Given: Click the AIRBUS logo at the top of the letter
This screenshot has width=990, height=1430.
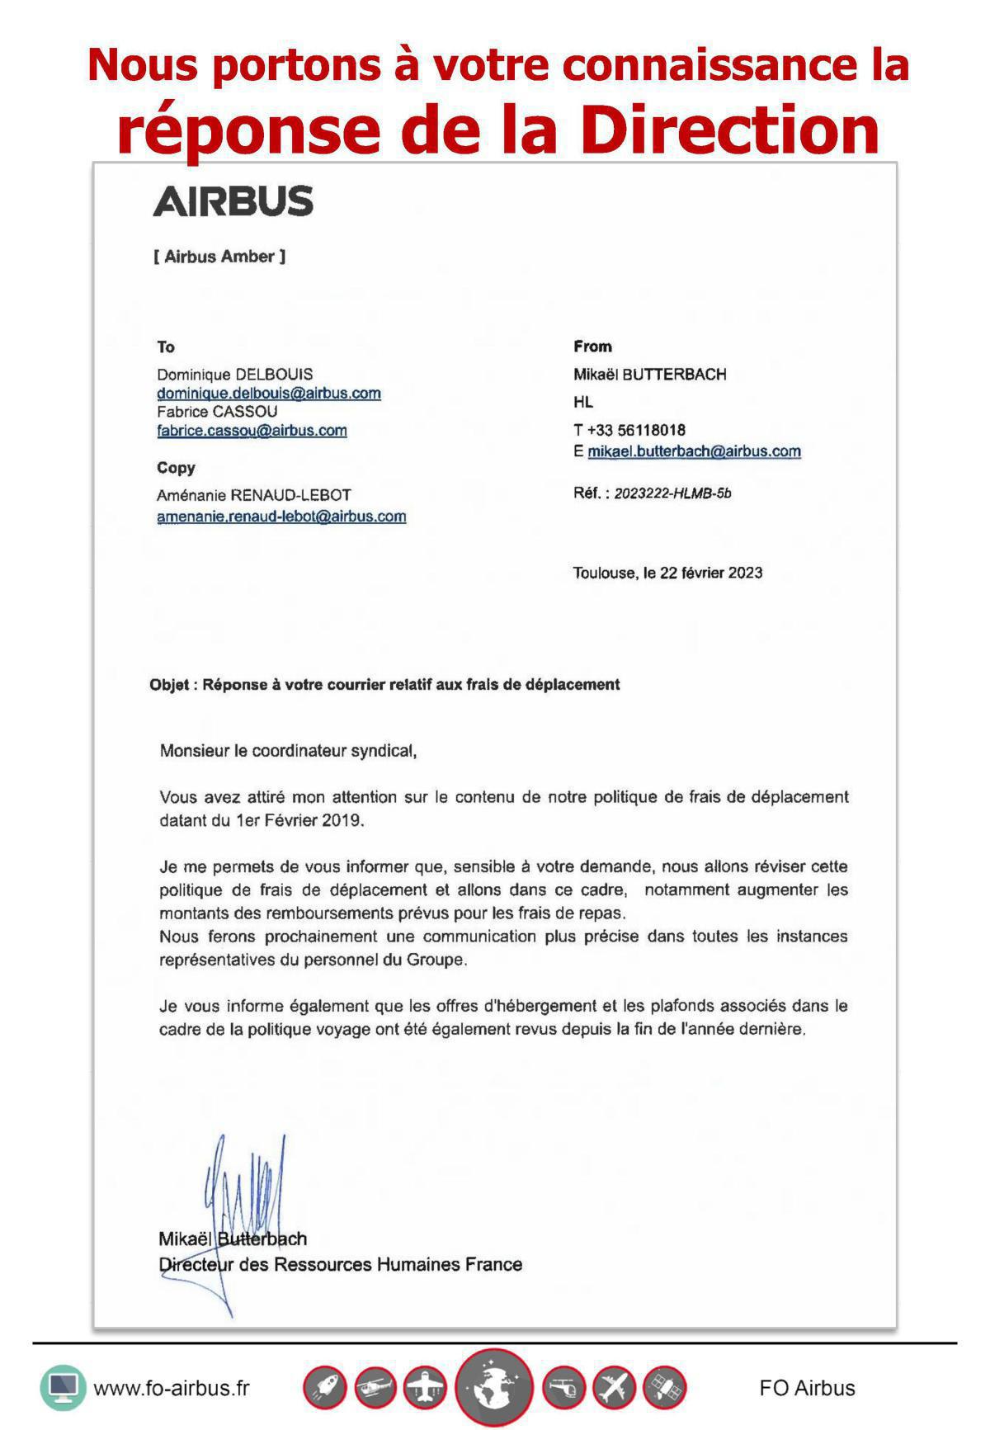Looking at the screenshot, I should pos(233,201).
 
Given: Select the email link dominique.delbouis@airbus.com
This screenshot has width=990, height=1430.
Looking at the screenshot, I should pos(269,393).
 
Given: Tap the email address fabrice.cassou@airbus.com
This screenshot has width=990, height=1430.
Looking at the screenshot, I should pos(252,430).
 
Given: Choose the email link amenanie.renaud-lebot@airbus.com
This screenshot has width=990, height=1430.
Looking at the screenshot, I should pos(281,517).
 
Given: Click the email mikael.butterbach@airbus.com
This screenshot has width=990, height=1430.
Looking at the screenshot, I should pos(694,451).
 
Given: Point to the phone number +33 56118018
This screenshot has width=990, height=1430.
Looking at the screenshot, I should pos(636,430).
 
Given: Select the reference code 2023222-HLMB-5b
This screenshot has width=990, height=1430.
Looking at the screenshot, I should pos(672,493).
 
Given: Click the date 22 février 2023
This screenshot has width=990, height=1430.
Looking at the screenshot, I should pos(711,573).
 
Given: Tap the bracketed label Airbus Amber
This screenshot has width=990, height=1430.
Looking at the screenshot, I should pos(219,257).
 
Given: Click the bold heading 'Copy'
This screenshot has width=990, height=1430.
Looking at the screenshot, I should pos(176,468).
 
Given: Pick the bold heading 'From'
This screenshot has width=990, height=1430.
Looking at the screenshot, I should pos(592,347).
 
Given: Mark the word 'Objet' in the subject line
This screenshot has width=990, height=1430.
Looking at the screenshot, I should pos(169,684).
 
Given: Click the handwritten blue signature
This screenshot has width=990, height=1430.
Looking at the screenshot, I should pos(243,1196).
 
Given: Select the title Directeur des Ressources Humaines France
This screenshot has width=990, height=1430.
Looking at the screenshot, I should pos(340,1264).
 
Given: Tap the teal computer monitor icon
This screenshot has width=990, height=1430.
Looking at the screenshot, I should pos(64,1388).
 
